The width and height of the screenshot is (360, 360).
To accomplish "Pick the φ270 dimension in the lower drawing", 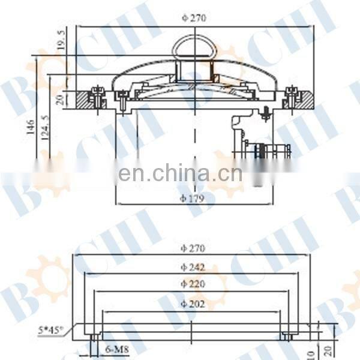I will click(x=193, y=248).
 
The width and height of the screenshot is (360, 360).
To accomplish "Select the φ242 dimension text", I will click(x=193, y=266).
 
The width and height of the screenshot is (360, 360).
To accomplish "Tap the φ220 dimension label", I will click(x=193, y=284).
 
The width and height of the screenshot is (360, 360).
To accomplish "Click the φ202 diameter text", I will click(x=193, y=304).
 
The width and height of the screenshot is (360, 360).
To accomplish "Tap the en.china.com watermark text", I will click(x=180, y=174).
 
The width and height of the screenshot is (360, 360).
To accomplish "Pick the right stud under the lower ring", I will click(x=287, y=337).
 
